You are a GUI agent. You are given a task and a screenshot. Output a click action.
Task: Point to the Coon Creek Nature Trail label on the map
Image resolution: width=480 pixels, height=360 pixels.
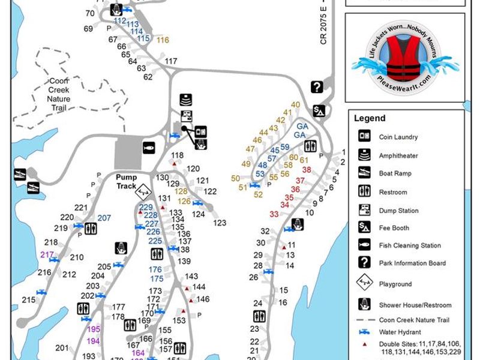(59, 94)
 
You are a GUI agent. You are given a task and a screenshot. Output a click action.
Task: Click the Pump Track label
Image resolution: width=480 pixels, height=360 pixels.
(127, 182)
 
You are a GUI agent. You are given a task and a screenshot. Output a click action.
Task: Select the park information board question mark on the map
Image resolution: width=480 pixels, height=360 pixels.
(317, 87)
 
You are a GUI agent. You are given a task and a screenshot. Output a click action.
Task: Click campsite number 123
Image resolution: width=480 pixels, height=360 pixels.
(220, 223)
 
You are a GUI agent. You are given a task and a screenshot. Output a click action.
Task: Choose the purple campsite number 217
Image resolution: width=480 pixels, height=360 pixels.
(47, 254)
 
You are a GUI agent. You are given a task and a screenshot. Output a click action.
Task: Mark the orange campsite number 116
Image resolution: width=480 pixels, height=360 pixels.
(163, 40)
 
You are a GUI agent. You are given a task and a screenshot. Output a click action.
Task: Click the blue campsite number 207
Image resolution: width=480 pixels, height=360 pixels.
(104, 218)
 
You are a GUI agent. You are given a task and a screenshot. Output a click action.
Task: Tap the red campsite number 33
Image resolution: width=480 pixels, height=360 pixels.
(274, 214)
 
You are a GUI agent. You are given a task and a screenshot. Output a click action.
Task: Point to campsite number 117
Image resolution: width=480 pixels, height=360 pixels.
(171, 61)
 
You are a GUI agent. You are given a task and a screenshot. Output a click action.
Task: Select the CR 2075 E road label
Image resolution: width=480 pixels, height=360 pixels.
(325, 27)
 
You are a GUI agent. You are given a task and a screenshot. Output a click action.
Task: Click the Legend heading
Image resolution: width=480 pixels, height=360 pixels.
(370, 118)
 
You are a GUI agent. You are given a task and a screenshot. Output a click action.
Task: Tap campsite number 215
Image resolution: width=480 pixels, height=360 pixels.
(29, 300)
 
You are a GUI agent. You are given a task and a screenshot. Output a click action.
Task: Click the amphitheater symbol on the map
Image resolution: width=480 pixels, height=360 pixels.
(187, 100)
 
